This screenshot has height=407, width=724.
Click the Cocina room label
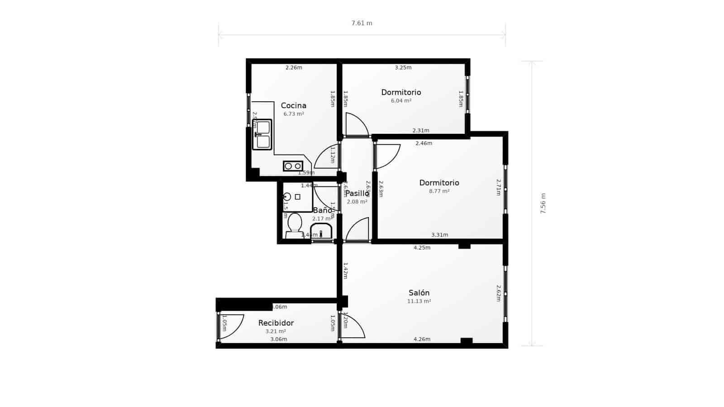(x=293, y=106)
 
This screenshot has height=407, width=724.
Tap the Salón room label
(x=419, y=293)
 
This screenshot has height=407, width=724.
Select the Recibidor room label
(x=276, y=323)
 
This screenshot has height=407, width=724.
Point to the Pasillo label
(x=357, y=194)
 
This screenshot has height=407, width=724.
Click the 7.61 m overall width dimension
(x=362, y=23)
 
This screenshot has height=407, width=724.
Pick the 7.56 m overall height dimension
(x=543, y=203)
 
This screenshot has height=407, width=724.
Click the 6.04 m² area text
(x=401, y=101)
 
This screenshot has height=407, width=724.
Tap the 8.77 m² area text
(x=439, y=191)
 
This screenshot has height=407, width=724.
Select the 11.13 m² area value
(x=419, y=301)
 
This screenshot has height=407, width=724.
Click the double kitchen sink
(x=262, y=135)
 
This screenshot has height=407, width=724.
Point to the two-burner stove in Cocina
(x=293, y=166)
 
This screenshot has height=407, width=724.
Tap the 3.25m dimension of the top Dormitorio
(x=403, y=68)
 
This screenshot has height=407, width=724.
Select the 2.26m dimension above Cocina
(x=294, y=68)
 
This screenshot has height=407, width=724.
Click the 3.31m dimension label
(x=439, y=235)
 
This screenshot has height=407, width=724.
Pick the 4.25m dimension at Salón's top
(x=422, y=248)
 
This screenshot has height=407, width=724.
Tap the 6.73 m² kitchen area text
(x=294, y=114)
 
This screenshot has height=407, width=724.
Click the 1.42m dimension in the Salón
(x=345, y=270)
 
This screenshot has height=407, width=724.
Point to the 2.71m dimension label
(x=498, y=187)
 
